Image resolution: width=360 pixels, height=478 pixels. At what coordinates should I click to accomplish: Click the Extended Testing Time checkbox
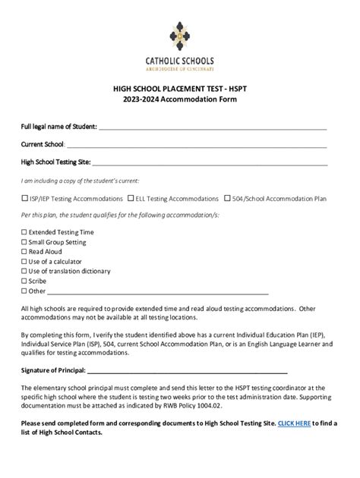click(x=24, y=232)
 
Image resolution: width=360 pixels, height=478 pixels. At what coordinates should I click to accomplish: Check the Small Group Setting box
click(x=24, y=242)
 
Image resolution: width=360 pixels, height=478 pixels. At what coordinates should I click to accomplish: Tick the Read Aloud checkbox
click(x=24, y=252)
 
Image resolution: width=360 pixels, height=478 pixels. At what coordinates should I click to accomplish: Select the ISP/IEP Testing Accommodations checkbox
click(x=24, y=199)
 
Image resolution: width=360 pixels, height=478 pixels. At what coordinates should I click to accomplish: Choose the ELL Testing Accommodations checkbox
click(x=131, y=199)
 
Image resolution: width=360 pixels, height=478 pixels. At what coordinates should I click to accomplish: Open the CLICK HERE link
click(x=294, y=423)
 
